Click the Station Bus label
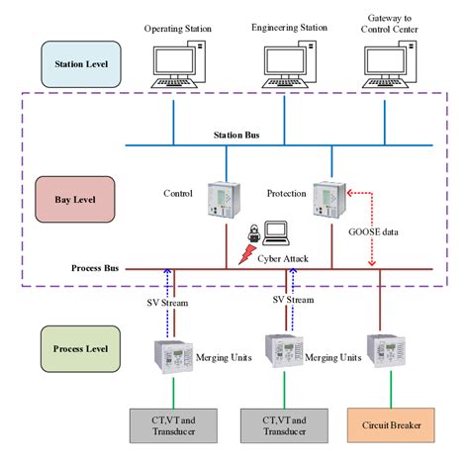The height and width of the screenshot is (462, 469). pyautogui.click(x=238, y=134)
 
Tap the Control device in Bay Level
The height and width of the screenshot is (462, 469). pyautogui.click(x=220, y=199)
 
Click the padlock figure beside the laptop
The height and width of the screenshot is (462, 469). pyautogui.click(x=253, y=234)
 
